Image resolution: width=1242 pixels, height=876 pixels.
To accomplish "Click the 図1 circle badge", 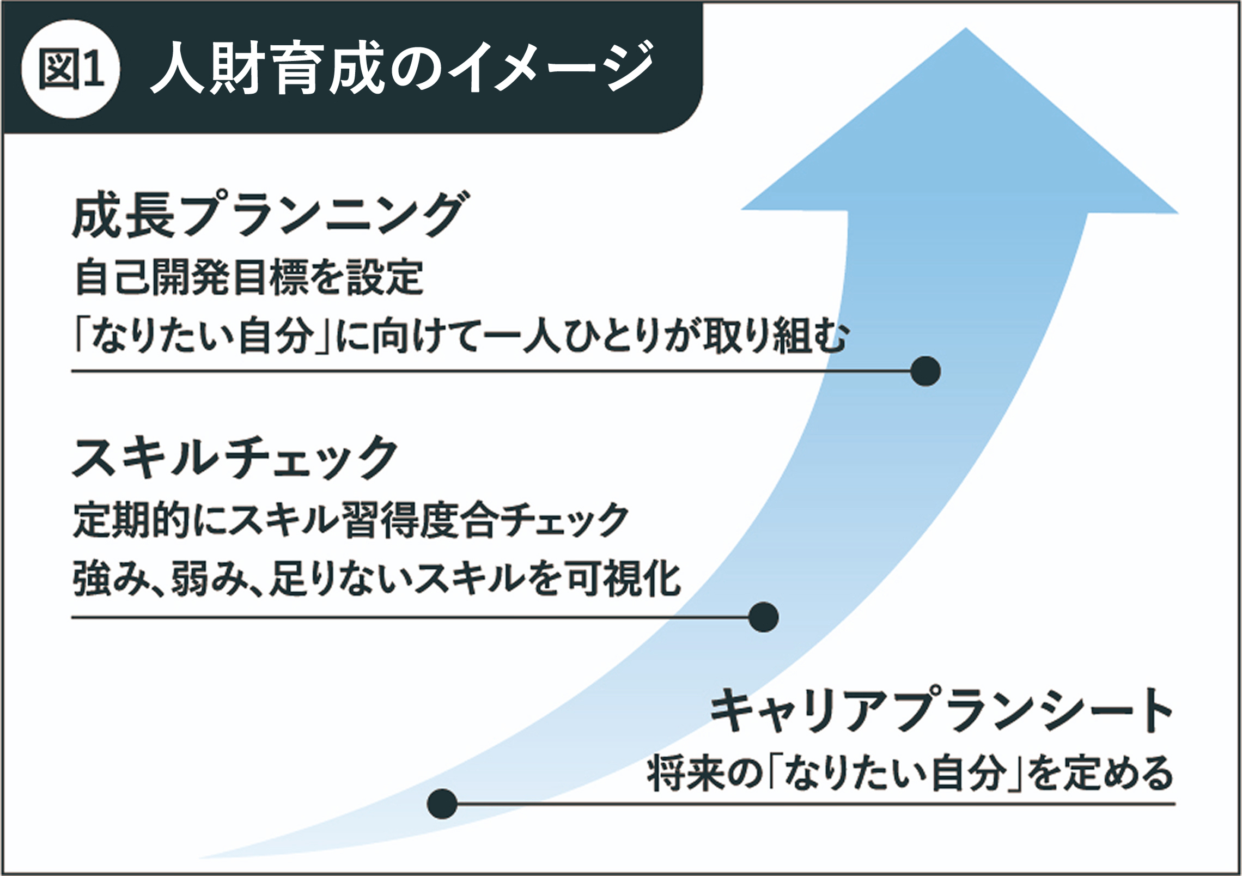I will click(71, 69).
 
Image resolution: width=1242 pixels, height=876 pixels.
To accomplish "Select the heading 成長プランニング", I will click(267, 217).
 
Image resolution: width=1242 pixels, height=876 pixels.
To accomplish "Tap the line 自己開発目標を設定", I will click(249, 278).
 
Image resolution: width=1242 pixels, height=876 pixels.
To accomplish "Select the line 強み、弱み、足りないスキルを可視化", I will click(376, 579).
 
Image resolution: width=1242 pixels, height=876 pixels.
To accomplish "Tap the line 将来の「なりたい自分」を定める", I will click(910, 774).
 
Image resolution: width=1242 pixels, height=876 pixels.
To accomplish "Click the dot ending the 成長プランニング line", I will click(925, 371).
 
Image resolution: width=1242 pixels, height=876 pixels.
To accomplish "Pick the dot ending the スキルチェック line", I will click(763, 617).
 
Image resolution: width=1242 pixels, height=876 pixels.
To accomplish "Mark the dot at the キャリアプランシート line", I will click(442, 804).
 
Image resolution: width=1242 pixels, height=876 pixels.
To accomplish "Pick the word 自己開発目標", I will click(194, 278).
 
